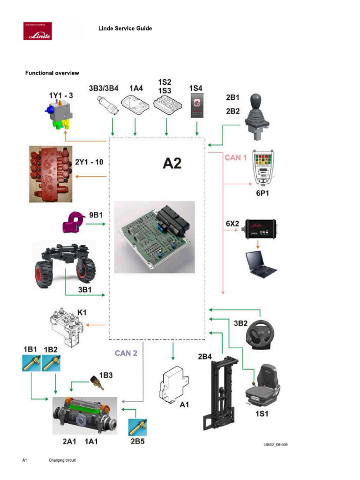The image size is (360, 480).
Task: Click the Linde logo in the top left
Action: (x=37, y=31)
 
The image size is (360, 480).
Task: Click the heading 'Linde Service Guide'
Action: (x=125, y=29)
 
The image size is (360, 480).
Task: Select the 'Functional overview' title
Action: (x=52, y=73)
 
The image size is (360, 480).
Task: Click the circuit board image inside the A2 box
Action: (x=155, y=237)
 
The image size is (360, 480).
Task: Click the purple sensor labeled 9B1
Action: (x=73, y=223)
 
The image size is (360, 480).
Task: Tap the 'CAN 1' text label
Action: (x=236, y=158)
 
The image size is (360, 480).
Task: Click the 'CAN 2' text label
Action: (x=126, y=353)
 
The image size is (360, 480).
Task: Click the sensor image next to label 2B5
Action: (x=138, y=427)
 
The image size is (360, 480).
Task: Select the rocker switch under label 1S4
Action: (x=196, y=104)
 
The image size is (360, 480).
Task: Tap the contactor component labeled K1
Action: (x=68, y=327)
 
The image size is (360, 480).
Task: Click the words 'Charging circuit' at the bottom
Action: (x=62, y=460)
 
